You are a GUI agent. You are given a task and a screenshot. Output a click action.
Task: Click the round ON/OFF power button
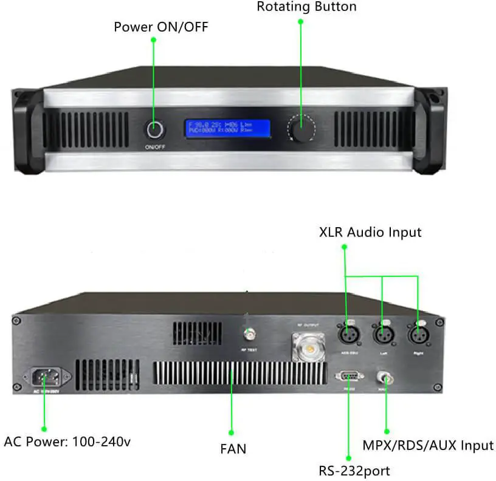point(154,130)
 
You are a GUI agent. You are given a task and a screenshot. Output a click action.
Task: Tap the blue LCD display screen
point(227,129)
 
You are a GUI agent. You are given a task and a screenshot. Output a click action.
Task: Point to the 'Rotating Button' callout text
point(306,7)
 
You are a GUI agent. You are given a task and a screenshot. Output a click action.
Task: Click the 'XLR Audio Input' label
point(370,232)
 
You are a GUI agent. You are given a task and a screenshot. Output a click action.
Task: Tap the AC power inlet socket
point(44,377)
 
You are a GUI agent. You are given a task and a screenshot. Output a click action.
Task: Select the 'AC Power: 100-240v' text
point(67,442)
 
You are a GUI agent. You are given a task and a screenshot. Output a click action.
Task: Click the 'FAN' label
point(233,449)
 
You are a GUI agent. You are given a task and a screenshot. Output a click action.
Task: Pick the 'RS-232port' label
point(354,470)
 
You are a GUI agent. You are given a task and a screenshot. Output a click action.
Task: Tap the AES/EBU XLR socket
point(346,335)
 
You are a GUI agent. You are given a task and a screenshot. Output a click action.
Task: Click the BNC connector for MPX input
point(384,378)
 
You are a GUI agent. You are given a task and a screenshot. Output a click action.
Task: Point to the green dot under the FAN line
point(232,432)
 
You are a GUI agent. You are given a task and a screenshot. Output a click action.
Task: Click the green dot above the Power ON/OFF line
point(154,40)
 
